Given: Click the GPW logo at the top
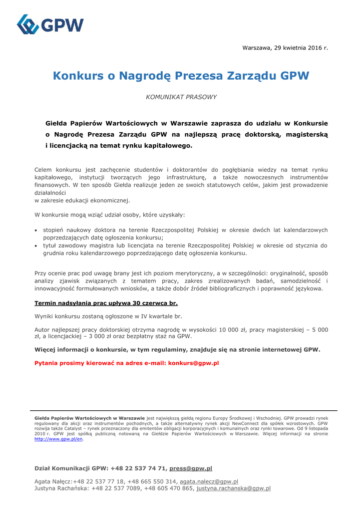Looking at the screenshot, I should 50,25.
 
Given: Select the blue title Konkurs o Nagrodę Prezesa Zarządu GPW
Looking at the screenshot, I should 181,76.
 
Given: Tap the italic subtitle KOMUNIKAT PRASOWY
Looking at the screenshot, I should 181,97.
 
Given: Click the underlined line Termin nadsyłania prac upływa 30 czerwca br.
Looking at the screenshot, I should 106,303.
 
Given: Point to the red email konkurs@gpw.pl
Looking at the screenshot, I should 194,363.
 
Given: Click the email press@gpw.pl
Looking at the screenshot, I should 191,468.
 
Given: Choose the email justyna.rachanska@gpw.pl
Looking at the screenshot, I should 233,488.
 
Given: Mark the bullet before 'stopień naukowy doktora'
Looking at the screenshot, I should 36,231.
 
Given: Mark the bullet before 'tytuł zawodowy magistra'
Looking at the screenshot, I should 36,246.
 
